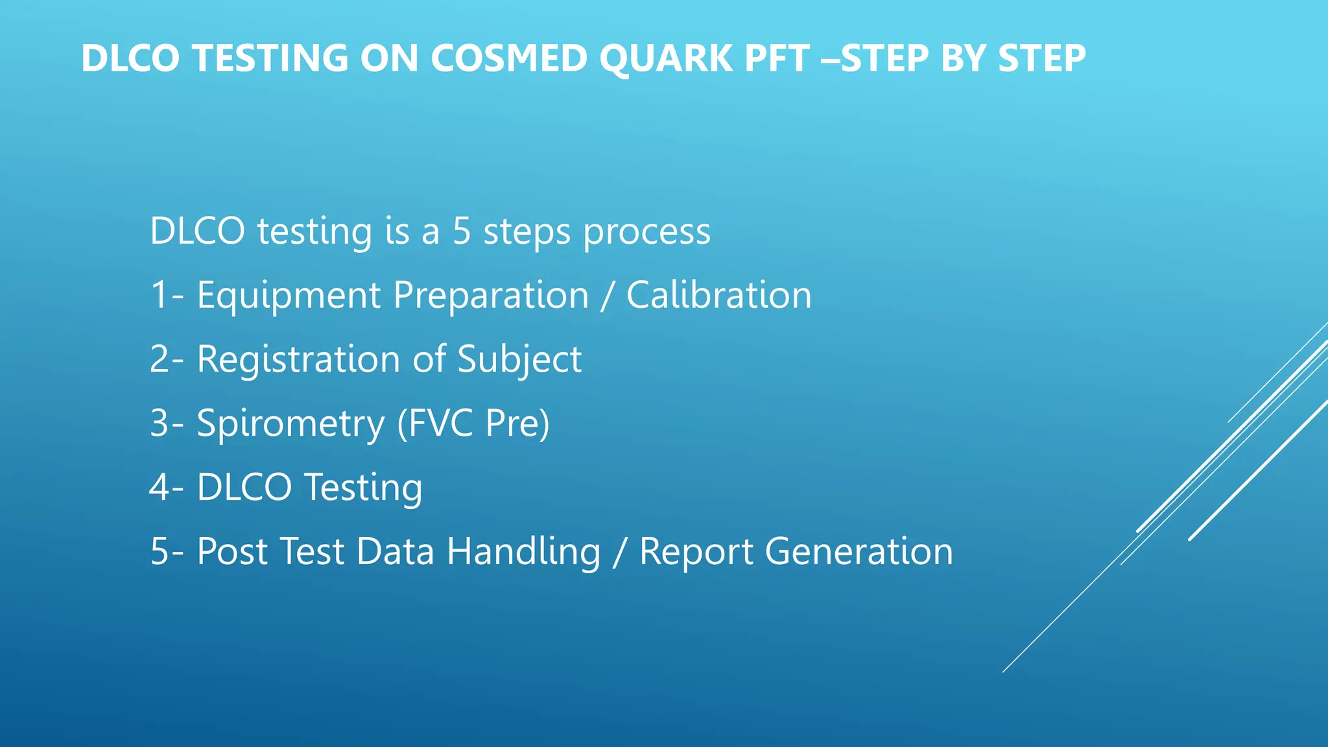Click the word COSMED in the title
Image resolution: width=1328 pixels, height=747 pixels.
coord(509,58)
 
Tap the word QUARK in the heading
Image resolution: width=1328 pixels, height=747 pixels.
coord(665,58)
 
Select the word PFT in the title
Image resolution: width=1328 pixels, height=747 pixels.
coord(777,58)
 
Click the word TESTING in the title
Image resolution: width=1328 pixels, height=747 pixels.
coord(270,58)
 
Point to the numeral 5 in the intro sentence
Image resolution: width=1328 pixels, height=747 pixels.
coord(461,231)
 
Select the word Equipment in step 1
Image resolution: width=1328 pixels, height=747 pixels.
coord(289,296)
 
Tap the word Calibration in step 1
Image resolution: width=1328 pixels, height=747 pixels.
coord(718,295)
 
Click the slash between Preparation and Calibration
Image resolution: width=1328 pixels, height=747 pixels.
coord(607,296)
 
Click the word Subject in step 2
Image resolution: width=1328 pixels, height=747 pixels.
coord(519,359)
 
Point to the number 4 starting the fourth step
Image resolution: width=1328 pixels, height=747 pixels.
coord(160,487)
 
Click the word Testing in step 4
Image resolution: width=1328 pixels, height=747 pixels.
coord(363,488)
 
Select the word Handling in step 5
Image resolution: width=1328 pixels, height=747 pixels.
coord(523,552)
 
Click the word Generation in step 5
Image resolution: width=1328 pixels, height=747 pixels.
coord(859,551)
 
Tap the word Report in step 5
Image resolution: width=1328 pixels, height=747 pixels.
coord(696,552)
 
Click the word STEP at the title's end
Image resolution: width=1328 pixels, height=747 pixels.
coord(1041,58)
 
